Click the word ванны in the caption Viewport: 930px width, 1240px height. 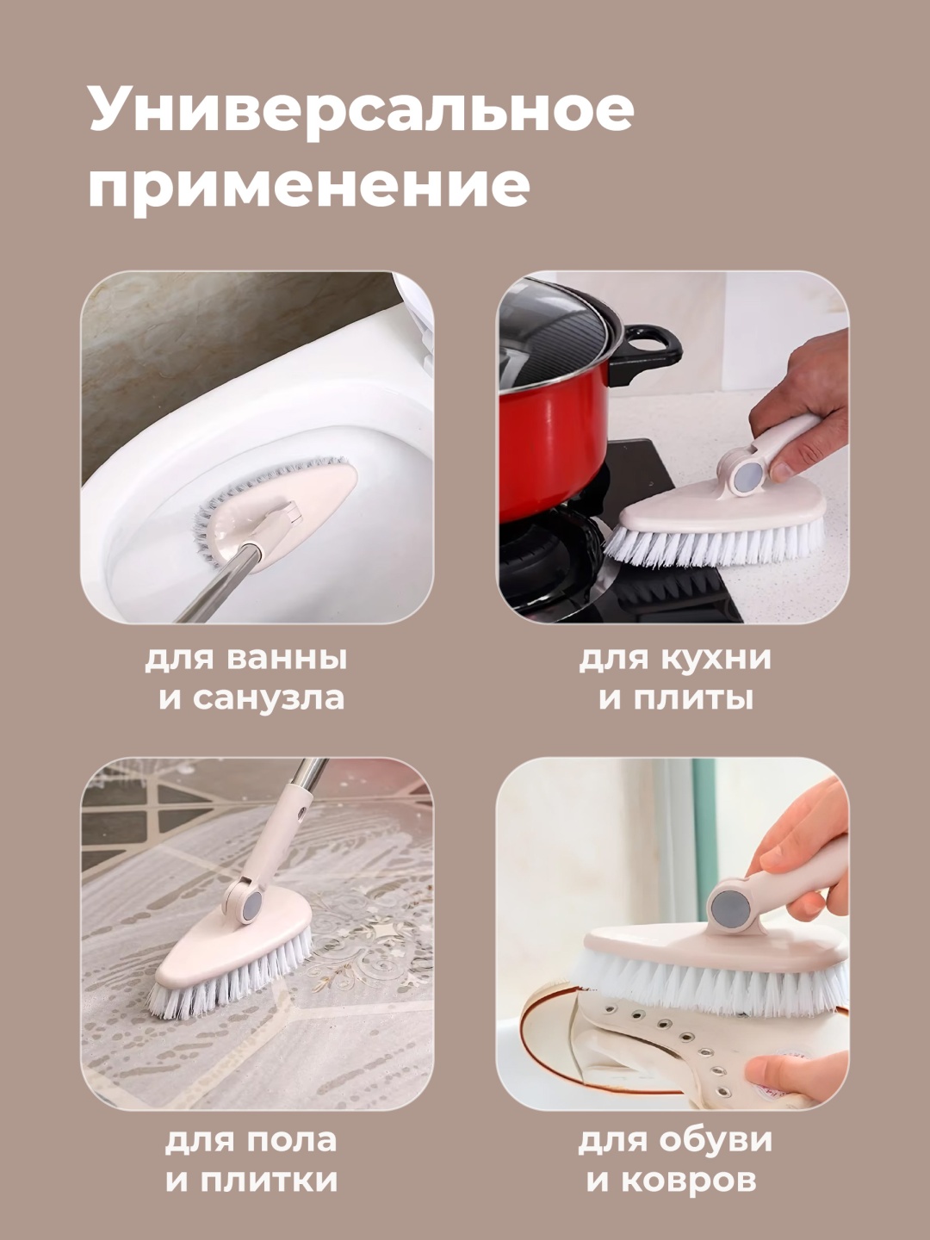287,659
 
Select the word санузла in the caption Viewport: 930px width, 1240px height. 268,698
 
